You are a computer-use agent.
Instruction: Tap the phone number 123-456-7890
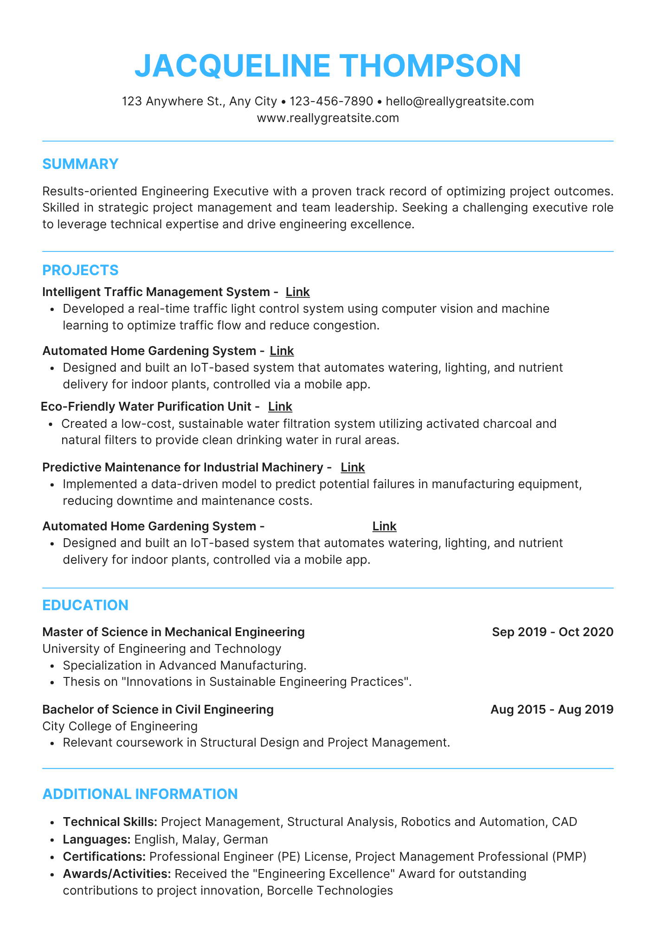point(331,101)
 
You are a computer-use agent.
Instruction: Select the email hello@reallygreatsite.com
point(459,101)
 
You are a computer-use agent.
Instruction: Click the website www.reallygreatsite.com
point(328,118)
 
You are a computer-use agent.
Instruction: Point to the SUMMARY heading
point(80,164)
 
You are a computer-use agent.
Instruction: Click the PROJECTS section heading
point(80,270)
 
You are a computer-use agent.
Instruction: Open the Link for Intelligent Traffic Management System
point(297,292)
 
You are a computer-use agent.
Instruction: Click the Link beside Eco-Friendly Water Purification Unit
point(280,406)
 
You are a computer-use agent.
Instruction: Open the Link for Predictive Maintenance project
point(353,467)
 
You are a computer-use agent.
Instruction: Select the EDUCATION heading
point(85,606)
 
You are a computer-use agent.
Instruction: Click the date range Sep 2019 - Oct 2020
point(553,632)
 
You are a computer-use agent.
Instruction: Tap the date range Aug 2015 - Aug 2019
point(552,709)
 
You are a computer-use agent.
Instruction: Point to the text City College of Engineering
point(120,726)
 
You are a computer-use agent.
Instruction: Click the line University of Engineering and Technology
point(161,649)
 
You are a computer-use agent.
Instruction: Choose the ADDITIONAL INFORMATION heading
point(140,794)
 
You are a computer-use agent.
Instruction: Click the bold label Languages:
point(96,839)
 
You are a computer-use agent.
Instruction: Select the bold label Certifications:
point(104,857)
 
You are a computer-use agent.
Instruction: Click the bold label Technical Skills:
point(110,822)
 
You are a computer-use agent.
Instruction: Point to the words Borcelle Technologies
point(330,890)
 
